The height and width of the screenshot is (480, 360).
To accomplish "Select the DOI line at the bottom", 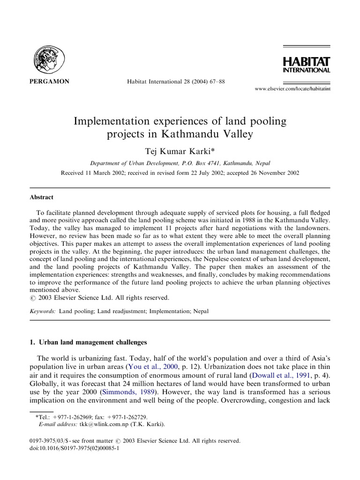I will tap(74, 448).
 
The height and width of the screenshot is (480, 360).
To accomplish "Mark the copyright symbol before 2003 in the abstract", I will tap(32, 298).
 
